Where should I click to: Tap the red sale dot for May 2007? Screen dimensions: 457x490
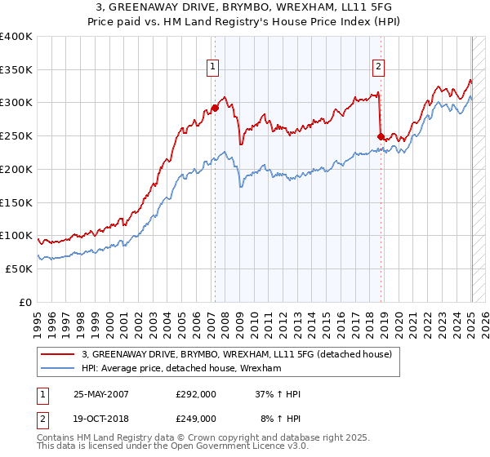(215, 108)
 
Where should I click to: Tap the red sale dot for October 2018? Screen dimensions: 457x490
(381, 136)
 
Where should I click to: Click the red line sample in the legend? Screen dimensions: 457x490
(58, 354)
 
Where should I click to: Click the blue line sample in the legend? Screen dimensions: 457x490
(58, 369)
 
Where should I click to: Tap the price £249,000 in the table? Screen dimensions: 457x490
(196, 418)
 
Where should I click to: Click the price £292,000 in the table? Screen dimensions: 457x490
(196, 393)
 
